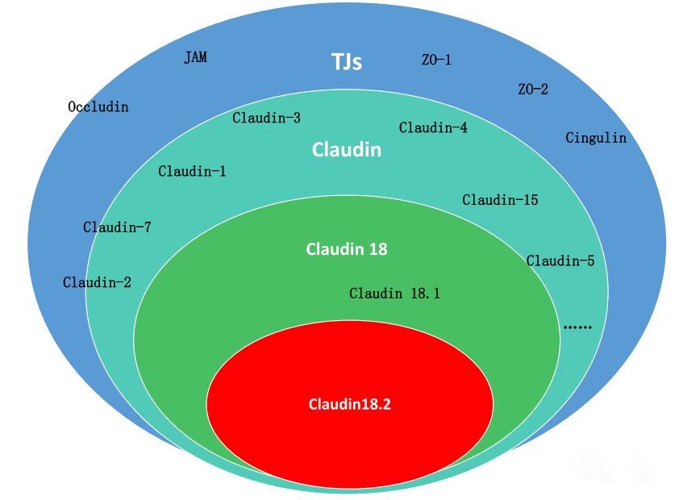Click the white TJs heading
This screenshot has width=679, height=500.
(x=347, y=62)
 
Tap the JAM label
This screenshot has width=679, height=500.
(x=195, y=57)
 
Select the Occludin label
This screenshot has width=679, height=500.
(x=98, y=106)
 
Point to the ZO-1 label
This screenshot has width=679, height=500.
(x=436, y=60)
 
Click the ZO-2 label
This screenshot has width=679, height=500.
(x=532, y=89)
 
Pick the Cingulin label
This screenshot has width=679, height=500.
(x=596, y=138)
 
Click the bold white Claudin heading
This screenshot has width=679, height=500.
(x=347, y=150)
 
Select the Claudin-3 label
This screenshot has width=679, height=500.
(x=267, y=118)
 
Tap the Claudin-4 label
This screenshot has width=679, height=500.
(x=433, y=127)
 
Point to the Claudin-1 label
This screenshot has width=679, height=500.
(x=192, y=171)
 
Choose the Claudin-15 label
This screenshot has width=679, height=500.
(x=500, y=200)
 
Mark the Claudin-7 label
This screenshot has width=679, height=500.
(x=117, y=227)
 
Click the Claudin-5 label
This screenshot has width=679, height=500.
(x=560, y=260)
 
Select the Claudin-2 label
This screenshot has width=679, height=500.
(x=97, y=282)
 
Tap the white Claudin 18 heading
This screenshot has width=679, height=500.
(x=347, y=249)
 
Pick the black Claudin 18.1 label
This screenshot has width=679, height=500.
(x=394, y=294)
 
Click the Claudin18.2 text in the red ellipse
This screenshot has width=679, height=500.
(x=350, y=405)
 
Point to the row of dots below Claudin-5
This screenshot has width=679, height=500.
(x=577, y=327)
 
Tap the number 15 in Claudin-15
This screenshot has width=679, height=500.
(x=530, y=200)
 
